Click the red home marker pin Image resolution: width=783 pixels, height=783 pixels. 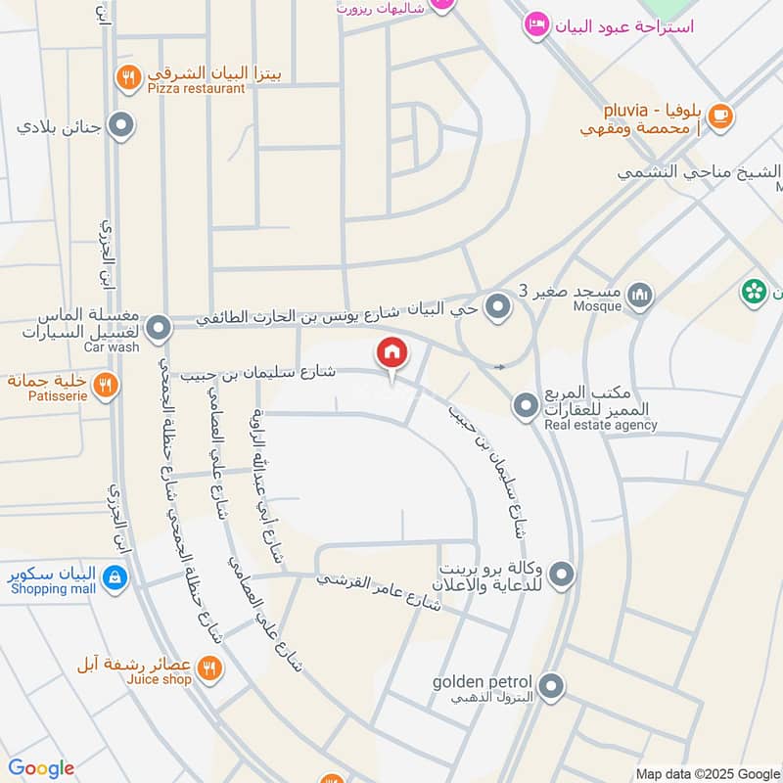click(391, 352)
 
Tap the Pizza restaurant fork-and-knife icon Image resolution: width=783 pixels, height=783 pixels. click(128, 77)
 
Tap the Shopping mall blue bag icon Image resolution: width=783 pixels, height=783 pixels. click(115, 577)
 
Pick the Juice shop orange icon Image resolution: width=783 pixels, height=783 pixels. click(208, 668)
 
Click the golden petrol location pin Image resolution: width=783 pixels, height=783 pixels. click(551, 687)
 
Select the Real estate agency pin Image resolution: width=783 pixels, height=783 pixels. click(527, 404)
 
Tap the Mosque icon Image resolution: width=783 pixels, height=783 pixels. click(639, 295)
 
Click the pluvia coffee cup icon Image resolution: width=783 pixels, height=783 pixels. click(719, 115)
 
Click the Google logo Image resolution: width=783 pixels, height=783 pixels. click(41, 768)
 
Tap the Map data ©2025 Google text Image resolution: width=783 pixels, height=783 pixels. click(707, 772)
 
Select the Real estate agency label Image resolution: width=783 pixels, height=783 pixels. click(601, 426)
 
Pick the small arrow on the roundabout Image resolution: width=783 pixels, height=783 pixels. click(500, 367)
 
